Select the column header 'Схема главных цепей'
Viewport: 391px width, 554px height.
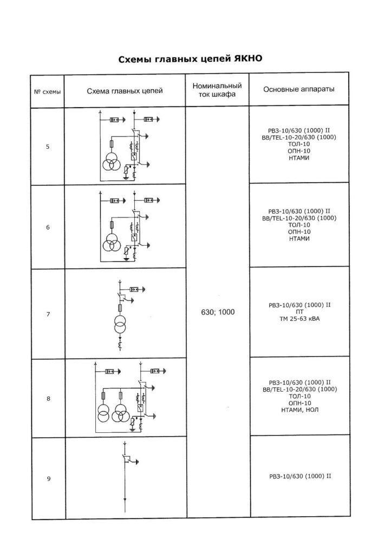point(125,91)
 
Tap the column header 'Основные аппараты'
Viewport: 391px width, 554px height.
point(299,89)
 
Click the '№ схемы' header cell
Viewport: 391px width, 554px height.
point(47,92)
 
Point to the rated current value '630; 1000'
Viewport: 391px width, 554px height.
point(218,312)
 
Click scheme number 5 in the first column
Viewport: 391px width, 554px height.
point(48,147)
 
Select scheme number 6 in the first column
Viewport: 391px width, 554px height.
point(48,227)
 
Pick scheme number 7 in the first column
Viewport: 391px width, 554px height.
point(48,314)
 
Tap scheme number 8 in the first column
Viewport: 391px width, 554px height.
point(48,399)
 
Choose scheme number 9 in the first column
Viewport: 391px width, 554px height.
point(49,479)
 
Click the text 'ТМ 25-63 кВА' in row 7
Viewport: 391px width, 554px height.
point(300,319)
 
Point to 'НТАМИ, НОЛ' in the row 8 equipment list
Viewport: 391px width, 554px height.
point(300,410)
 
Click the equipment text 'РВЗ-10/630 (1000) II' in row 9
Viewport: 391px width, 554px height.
point(300,476)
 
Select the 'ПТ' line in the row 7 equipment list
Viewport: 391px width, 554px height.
point(300,312)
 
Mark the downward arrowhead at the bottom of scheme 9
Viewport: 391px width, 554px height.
point(125,499)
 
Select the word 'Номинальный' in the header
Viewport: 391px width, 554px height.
point(217,86)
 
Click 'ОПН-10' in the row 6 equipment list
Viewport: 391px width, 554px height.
point(299,232)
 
